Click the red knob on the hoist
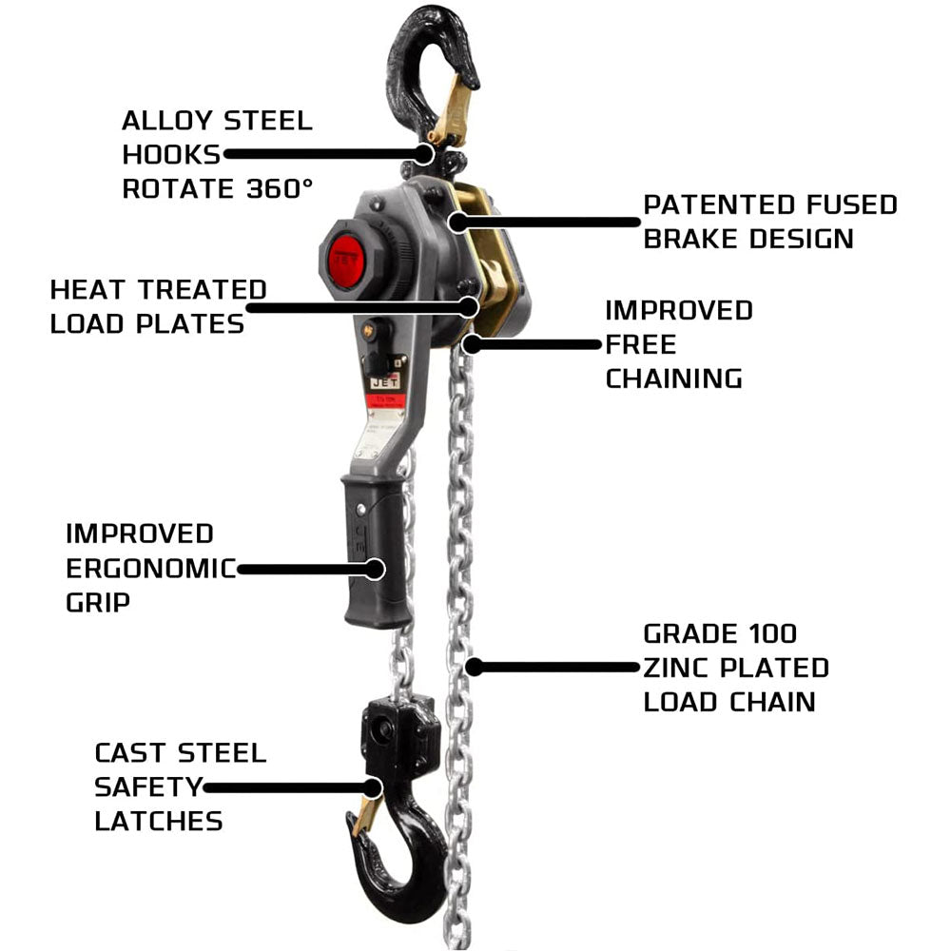346,259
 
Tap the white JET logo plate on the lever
385,381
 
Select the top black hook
424,73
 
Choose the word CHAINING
674,378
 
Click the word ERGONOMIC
151,569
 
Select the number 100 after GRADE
772,633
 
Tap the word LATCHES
159,822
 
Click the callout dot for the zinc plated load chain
475,668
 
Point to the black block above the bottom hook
400,735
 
